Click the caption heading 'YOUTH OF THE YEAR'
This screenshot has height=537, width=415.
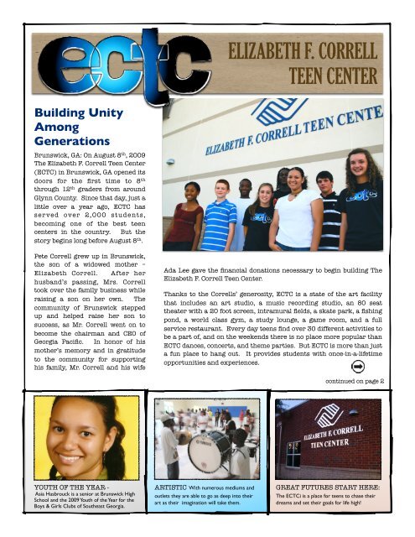47,486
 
